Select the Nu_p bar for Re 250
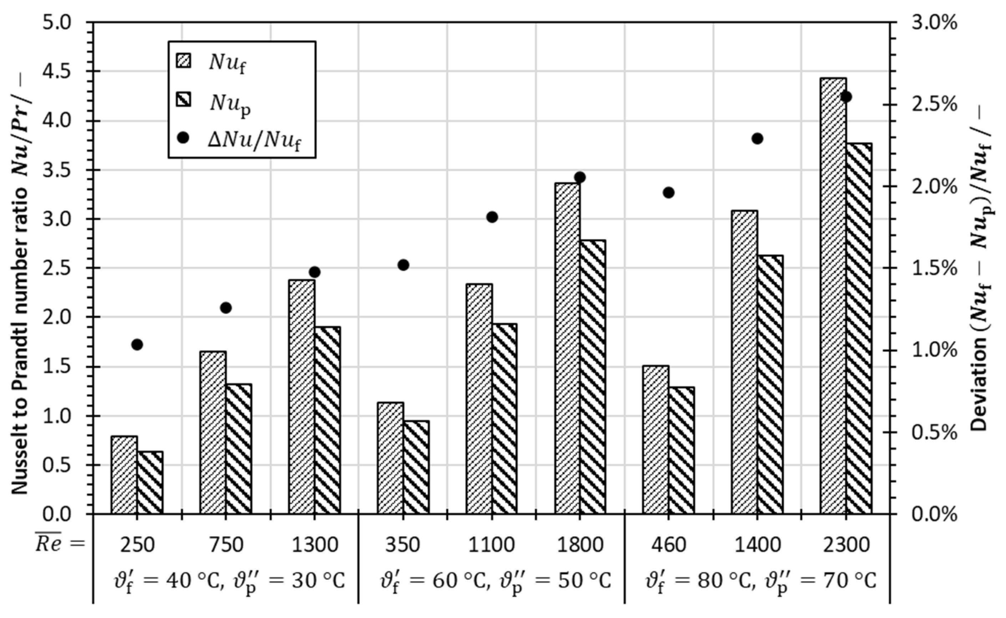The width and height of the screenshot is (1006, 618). pyautogui.click(x=150, y=482)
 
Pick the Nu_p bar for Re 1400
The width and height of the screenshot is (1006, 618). pyautogui.click(x=770, y=384)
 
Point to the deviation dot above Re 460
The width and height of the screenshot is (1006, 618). pyautogui.click(x=669, y=193)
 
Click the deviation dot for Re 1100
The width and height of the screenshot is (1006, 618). pyautogui.click(x=492, y=217)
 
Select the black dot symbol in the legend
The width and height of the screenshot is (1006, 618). pyautogui.click(x=183, y=138)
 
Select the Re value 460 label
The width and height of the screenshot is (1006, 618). pyautogui.click(x=669, y=545)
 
